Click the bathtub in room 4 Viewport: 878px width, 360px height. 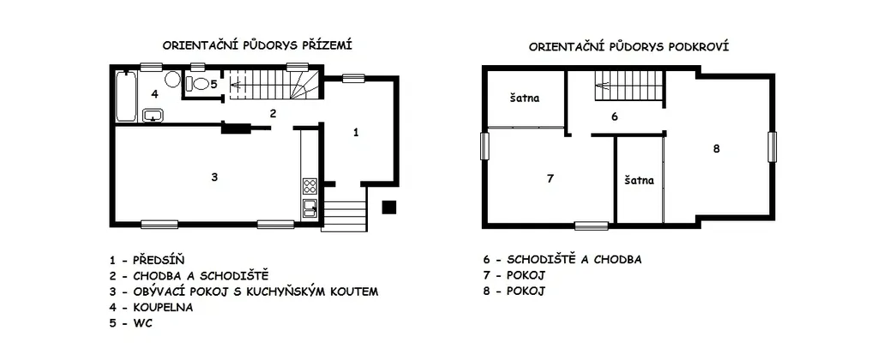click(x=126, y=96)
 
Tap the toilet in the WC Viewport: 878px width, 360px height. click(x=196, y=84)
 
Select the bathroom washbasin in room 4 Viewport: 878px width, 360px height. click(x=153, y=115)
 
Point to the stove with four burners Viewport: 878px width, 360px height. click(x=310, y=186)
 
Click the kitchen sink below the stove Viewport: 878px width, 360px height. click(x=310, y=208)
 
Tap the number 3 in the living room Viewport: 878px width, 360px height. click(x=213, y=177)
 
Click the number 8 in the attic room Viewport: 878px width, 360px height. click(x=716, y=149)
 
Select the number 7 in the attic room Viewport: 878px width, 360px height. click(x=550, y=178)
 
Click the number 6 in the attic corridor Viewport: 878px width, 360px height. click(x=614, y=117)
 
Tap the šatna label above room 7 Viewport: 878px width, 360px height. click(x=525, y=98)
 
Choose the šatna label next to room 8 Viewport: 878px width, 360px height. click(x=639, y=180)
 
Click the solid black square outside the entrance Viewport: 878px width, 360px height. click(x=389, y=207)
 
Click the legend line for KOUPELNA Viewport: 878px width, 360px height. click(x=151, y=308)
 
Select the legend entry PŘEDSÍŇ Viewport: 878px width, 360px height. click(x=147, y=260)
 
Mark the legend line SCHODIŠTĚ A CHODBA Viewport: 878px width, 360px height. click(x=562, y=259)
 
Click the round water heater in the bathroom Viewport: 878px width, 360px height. click(x=172, y=80)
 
